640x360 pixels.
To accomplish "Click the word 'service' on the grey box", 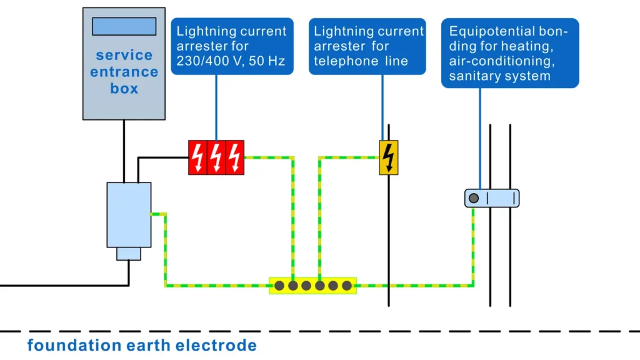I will pos(124,55).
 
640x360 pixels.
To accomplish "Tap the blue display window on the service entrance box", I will pos(124,26).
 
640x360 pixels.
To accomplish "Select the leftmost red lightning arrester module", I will pos(197,157).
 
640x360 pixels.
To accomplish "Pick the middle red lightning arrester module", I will pos(216,157).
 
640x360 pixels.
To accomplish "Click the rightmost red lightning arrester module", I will pos(234,157).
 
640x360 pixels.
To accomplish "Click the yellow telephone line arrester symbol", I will pos(389,157).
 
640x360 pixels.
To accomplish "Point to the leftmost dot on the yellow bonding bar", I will pos(279,286).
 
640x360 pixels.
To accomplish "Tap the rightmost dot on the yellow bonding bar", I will pos(347,286).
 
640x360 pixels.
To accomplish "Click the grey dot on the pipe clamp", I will pos(474,198).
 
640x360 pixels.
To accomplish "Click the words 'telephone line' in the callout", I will pos(361,61).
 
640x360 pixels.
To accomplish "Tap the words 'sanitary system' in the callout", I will pos(499,76).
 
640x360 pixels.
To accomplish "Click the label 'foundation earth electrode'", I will pos(142,345).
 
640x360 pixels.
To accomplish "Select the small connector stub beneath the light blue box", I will pos(129,253).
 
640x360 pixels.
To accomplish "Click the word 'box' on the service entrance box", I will pos(124,88).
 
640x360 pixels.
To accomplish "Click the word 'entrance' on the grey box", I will pos(124,72).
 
